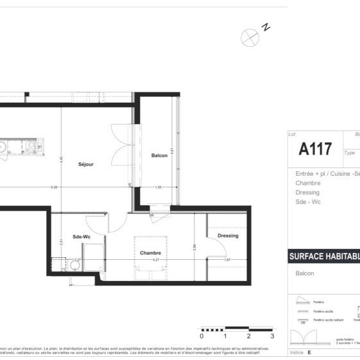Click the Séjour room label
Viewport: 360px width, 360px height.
(86, 164)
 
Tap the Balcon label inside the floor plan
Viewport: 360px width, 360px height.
(159, 156)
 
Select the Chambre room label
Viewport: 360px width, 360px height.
(150, 252)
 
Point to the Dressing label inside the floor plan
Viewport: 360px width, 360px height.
(228, 236)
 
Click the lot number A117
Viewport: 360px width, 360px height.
(315, 150)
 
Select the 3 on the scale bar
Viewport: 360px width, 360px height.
(272, 336)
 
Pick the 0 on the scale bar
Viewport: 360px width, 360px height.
(201, 336)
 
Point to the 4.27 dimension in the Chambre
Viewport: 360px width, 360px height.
(155, 261)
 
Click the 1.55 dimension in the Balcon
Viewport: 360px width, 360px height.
(159, 187)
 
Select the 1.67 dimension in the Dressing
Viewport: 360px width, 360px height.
(226, 260)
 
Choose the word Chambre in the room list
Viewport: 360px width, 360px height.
(307, 183)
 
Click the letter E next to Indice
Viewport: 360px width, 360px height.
(309, 352)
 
